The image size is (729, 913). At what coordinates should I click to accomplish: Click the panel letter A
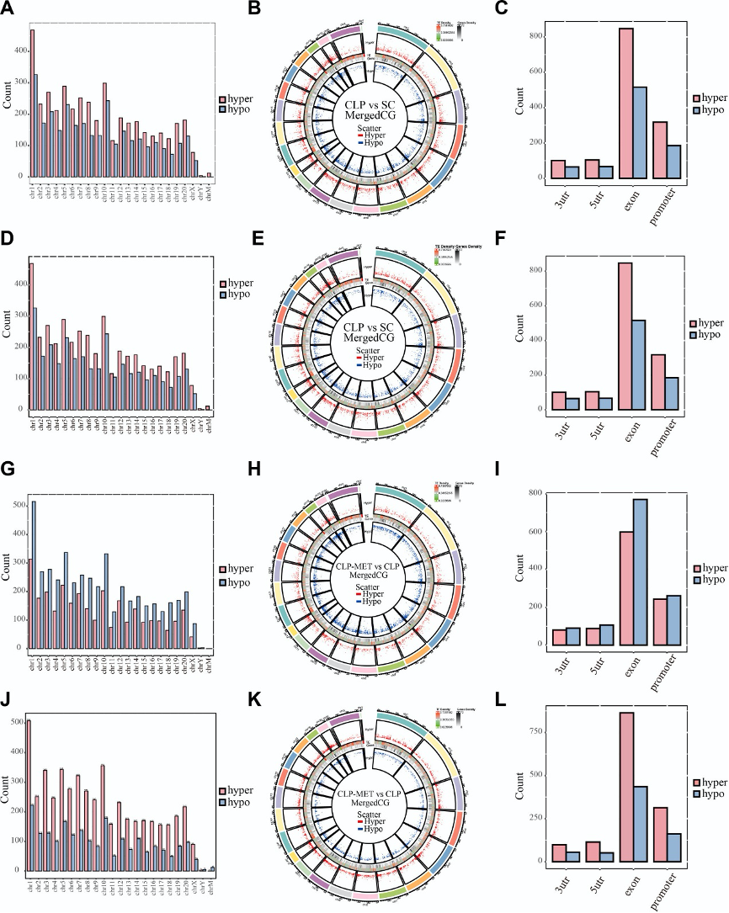(8, 10)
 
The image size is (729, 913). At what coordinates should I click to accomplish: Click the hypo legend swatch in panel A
(224, 109)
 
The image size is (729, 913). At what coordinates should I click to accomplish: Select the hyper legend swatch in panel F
(694, 323)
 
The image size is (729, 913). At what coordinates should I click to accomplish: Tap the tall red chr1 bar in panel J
(29, 794)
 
